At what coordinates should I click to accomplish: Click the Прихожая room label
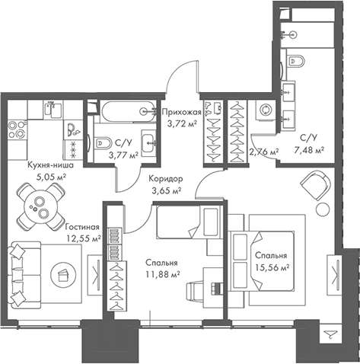coord(182,112)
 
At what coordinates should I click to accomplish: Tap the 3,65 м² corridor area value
coord(166,190)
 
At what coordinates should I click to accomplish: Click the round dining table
coord(40,206)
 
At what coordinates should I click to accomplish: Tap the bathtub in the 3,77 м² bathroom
coord(128,111)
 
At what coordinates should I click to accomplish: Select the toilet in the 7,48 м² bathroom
coord(296,61)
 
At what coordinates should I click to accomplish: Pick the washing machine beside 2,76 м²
coord(266,110)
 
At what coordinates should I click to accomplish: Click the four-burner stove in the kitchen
coord(17,129)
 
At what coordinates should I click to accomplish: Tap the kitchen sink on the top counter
coord(53,110)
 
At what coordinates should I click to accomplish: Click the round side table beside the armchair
coord(323,209)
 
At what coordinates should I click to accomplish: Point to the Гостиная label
coord(82,227)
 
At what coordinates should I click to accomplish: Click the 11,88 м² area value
coord(163,274)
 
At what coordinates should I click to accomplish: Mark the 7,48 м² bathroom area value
coord(309,151)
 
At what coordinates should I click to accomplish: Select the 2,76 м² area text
coord(264,152)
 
